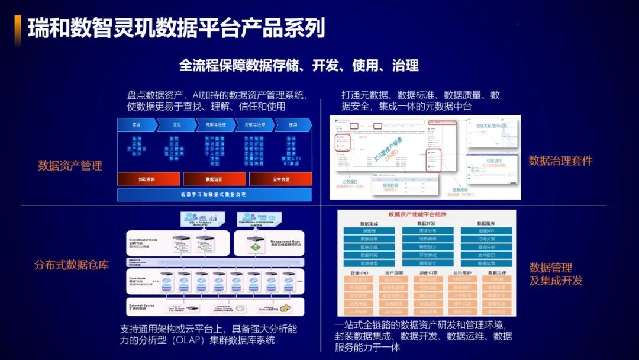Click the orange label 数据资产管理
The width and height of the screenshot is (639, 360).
coord(70,166)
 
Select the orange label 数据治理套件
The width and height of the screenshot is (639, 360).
coord(560,161)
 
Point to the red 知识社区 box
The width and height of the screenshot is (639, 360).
coord(147,179)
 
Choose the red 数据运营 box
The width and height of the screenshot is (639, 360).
coord(214,179)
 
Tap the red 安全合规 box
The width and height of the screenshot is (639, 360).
coord(280,179)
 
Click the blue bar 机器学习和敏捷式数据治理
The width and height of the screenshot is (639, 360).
coord(214,194)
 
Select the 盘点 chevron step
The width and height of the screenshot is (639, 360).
coord(136,125)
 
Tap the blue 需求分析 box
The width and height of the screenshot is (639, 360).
coord(428,230)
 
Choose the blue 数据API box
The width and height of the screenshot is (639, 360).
coord(486,230)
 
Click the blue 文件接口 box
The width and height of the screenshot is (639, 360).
coord(486,255)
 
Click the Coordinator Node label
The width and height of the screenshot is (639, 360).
coord(144,240)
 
